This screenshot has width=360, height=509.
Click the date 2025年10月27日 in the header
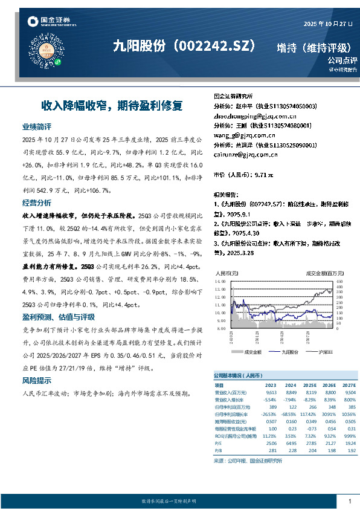327,24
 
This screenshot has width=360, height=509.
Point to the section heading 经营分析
37,202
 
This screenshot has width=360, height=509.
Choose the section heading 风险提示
37,381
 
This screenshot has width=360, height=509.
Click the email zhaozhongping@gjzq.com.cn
255,115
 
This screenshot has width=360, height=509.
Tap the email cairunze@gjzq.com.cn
246,154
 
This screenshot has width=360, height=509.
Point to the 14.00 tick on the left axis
219,282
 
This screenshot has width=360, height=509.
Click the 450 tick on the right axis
339,282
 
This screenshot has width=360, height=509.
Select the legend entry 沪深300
317,350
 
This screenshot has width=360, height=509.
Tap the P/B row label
219,450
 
